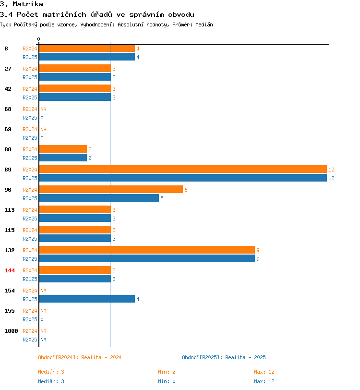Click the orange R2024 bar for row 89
click(x=183, y=169)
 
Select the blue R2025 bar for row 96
click(x=99, y=198)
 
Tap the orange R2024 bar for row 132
click(x=147, y=250)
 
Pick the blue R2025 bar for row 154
click(x=87, y=299)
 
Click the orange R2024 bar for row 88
click(x=63, y=149)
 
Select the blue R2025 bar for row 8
click(x=87, y=57)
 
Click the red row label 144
click(x=10, y=270)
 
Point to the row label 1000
click(x=11, y=331)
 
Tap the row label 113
click(x=10, y=210)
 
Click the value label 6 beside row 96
click(x=186, y=190)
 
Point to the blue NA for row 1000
click(x=43, y=340)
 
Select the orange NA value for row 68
click(x=43, y=109)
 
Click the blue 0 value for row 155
click(x=42, y=319)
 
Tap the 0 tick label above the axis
click(x=38, y=39)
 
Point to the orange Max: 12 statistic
click(x=264, y=372)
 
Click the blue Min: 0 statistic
click(x=167, y=381)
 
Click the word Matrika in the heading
click(x=27, y=4)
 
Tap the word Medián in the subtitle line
click(x=204, y=24)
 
